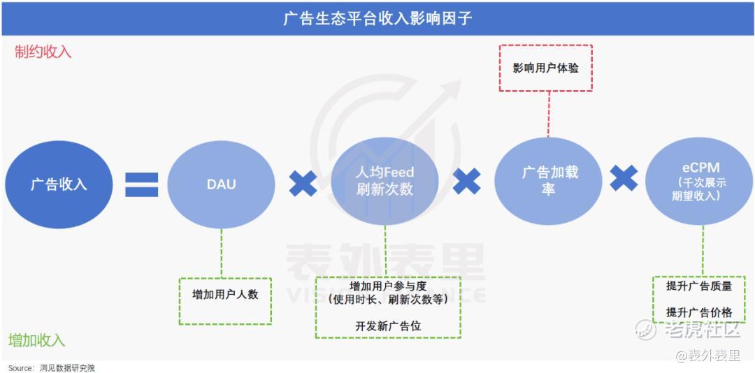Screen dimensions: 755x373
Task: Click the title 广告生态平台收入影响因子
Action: coord(377,19)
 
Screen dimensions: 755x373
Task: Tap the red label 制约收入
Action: coord(43,52)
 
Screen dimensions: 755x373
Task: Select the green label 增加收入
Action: coord(36,340)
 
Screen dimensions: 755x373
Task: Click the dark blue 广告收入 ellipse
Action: coord(59,184)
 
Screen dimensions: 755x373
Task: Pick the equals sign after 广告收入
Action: coord(141,184)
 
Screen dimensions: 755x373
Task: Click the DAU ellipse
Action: coord(222,184)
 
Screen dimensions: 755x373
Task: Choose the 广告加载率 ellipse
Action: coord(549,181)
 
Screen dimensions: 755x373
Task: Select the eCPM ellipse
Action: coord(699,181)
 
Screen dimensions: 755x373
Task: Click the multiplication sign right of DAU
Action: coord(303,184)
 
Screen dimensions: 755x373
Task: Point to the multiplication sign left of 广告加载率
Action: coord(466,182)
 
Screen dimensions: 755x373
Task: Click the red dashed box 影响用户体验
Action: coord(545,68)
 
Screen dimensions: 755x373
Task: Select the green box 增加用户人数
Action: coord(225,301)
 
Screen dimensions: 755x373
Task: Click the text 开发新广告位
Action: coord(388,326)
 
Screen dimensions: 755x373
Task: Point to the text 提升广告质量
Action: coord(699,286)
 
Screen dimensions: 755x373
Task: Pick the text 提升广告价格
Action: coord(699,312)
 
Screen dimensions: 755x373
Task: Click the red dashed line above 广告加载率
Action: coord(548,114)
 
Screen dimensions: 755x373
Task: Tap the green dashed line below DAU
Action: coord(222,253)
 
